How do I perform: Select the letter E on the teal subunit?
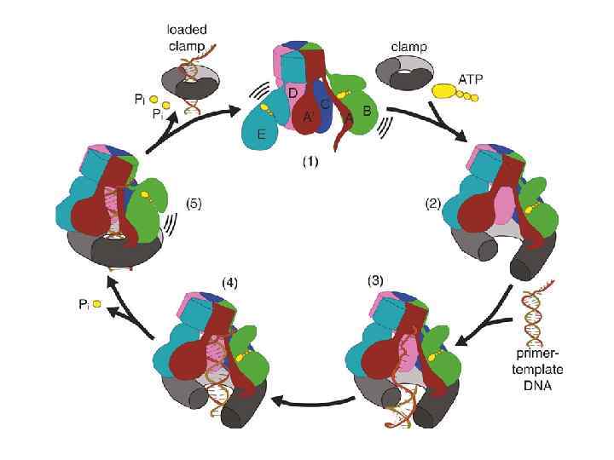click(x=262, y=134)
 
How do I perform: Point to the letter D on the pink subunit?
click(x=293, y=91)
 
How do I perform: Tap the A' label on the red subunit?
click(x=308, y=118)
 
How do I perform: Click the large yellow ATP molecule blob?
click(x=445, y=89)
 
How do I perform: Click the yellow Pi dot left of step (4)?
click(x=98, y=303)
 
